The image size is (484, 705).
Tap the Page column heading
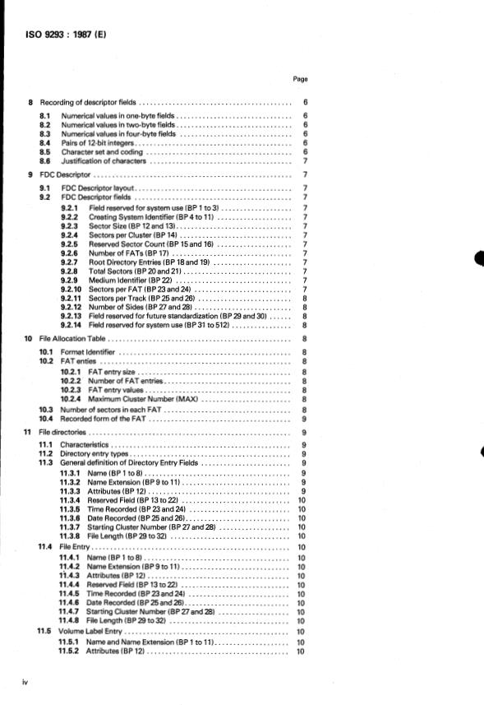point(300,80)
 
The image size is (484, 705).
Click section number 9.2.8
point(69,271)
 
